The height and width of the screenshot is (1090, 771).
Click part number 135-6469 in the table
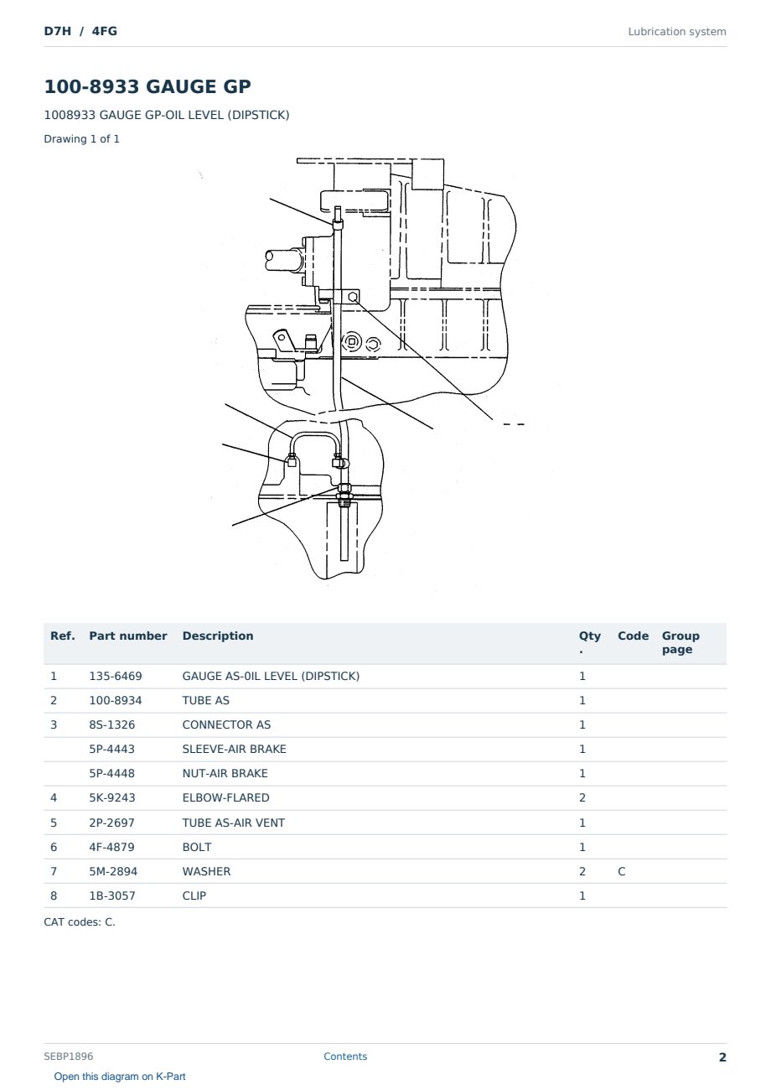pyautogui.click(x=116, y=676)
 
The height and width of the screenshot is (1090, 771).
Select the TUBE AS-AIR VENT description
pyautogui.click(x=234, y=823)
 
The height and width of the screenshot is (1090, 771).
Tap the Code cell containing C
pyautogui.click(x=621, y=871)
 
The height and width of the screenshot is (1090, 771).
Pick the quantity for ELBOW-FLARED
pyautogui.click(x=582, y=797)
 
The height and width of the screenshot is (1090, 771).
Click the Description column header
pyautogui.click(x=217, y=636)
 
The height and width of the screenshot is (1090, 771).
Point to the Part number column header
pyautogui.click(x=128, y=636)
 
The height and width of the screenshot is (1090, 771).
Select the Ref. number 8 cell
pyautogui.click(x=54, y=895)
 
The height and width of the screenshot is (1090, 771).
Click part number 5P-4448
pyautogui.click(x=112, y=773)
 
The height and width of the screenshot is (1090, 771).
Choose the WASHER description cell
pyautogui.click(x=206, y=871)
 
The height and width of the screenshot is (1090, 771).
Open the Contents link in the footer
pyautogui.click(x=345, y=1056)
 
